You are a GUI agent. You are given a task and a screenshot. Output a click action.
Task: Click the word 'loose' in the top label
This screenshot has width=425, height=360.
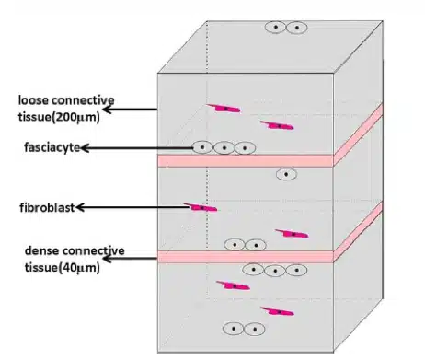[37, 99]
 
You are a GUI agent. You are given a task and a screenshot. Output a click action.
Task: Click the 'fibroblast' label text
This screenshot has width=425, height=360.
[42, 207]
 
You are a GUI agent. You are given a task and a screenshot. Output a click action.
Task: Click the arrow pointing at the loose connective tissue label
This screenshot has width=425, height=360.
[133, 110]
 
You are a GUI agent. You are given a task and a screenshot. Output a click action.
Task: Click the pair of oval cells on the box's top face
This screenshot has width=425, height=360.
[286, 28]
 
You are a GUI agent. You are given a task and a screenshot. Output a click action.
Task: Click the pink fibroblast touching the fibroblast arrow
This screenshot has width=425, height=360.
[201, 207]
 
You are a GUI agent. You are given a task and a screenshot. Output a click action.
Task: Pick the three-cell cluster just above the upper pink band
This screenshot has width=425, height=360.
[224, 147]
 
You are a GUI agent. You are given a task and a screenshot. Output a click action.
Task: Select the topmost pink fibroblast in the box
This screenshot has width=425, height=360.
[224, 109]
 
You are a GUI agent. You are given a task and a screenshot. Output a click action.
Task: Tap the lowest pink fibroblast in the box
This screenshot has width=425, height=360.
[277, 312]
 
